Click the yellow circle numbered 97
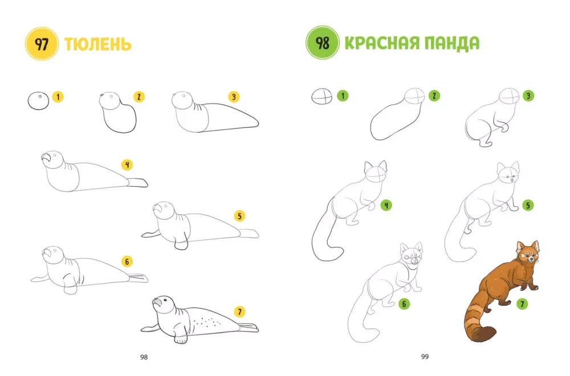click(x=42, y=44)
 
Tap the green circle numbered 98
click(x=323, y=43)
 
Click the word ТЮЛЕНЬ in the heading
click(x=98, y=44)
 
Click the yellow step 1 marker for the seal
click(x=58, y=97)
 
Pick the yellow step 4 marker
click(x=127, y=165)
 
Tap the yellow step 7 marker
click(x=239, y=312)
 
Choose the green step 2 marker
click(x=434, y=96)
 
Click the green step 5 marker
click(x=528, y=206)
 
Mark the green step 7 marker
click(x=522, y=304)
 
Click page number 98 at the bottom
click(x=144, y=357)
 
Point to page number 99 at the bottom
click(x=425, y=357)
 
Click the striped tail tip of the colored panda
click(x=484, y=334)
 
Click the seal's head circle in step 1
click(x=38, y=101)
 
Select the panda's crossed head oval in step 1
click(x=321, y=97)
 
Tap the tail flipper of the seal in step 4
click(x=138, y=182)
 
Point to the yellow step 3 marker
click(x=234, y=97)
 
